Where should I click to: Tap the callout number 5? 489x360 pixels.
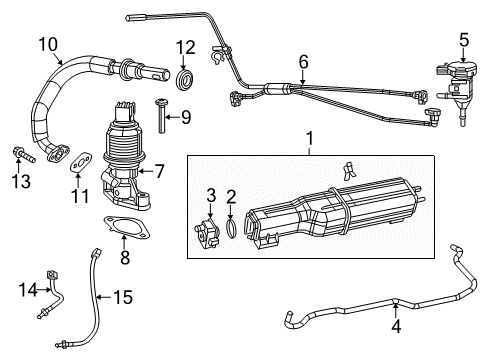pos(463,40)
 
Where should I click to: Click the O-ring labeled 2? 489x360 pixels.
pos(231,229)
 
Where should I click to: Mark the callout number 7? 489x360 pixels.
pos(159,171)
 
